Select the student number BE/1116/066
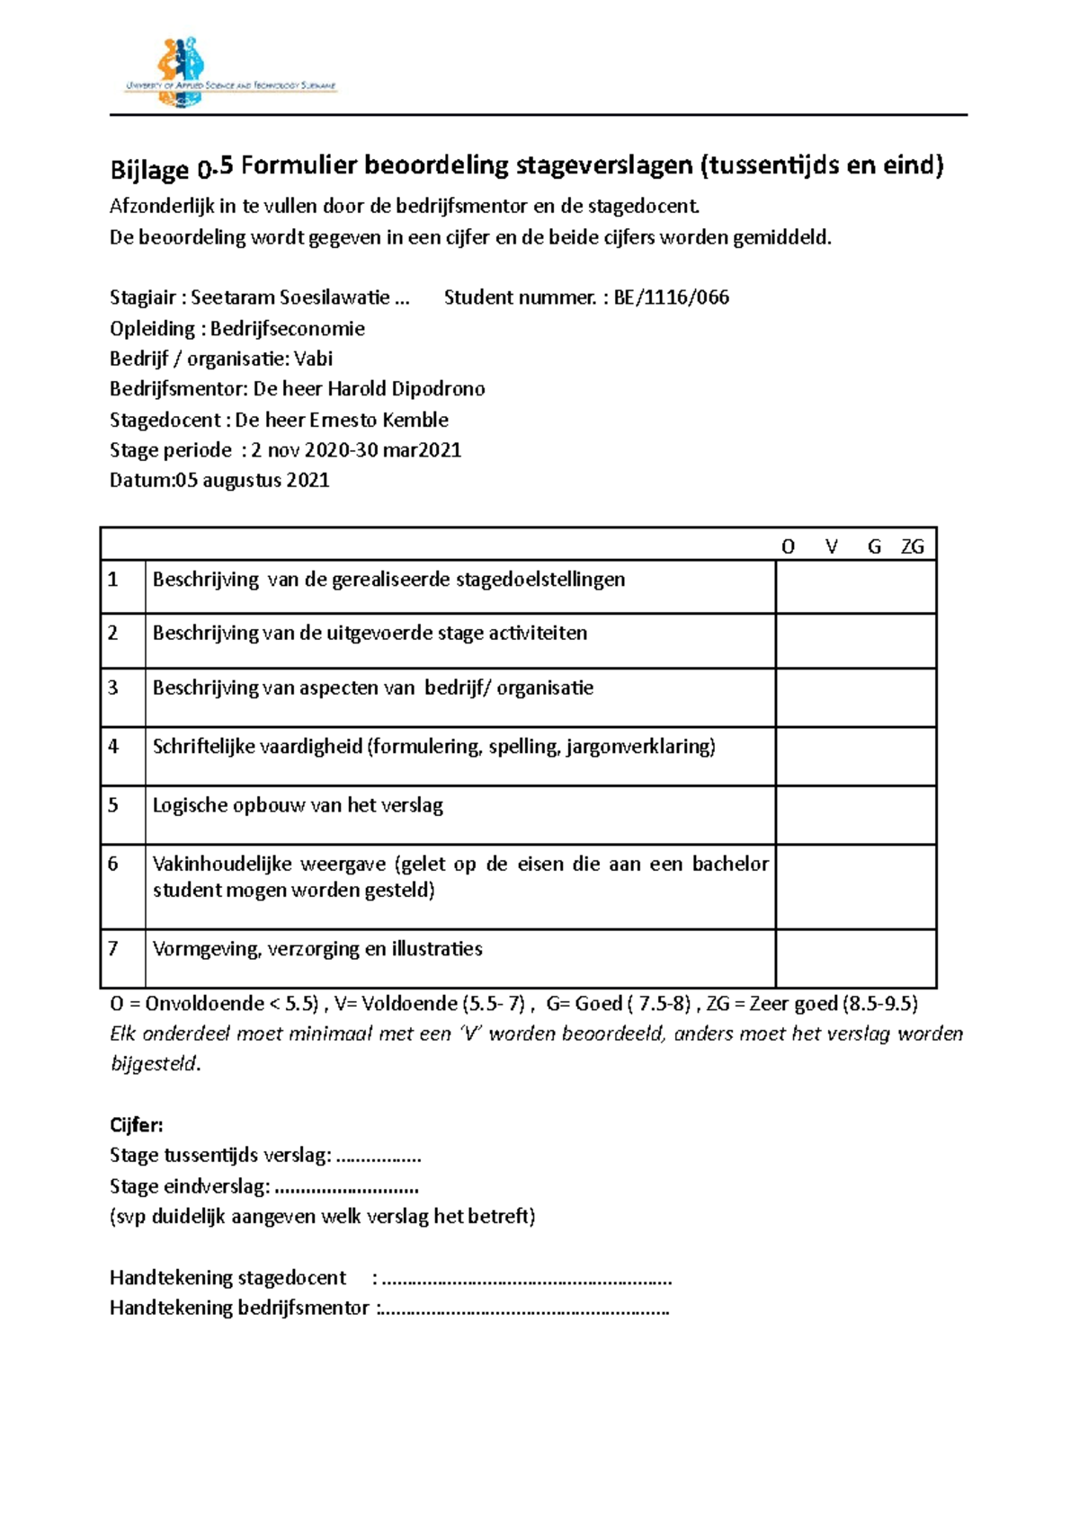(671, 297)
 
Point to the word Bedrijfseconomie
(287, 328)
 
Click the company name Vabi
(313, 359)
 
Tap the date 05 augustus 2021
(253, 480)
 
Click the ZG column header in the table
(912, 546)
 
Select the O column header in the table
(788, 546)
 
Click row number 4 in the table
(113, 746)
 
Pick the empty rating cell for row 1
(855, 587)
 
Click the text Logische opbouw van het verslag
(298, 805)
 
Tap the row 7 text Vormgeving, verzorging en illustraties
(317, 949)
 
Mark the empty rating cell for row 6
(855, 886)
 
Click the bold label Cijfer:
(136, 1125)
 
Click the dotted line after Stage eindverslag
(346, 1187)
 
